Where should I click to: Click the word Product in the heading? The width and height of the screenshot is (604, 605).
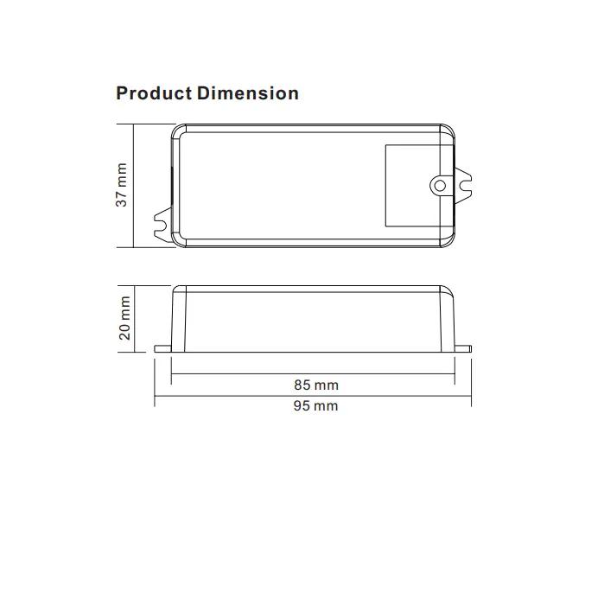pos(154,93)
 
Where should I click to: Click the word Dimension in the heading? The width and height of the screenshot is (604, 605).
pos(248,93)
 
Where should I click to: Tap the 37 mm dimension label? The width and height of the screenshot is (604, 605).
pos(122,185)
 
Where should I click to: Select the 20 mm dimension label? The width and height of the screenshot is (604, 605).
pos(124,318)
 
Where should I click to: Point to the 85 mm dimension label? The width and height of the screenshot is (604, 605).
pos(316,385)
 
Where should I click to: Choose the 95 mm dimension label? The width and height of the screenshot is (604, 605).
pos(316,406)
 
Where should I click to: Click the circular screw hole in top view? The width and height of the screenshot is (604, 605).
pos(440,186)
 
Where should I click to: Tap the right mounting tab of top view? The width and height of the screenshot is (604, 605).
pos(463,186)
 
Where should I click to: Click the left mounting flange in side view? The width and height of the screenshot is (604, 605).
pos(162,349)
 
